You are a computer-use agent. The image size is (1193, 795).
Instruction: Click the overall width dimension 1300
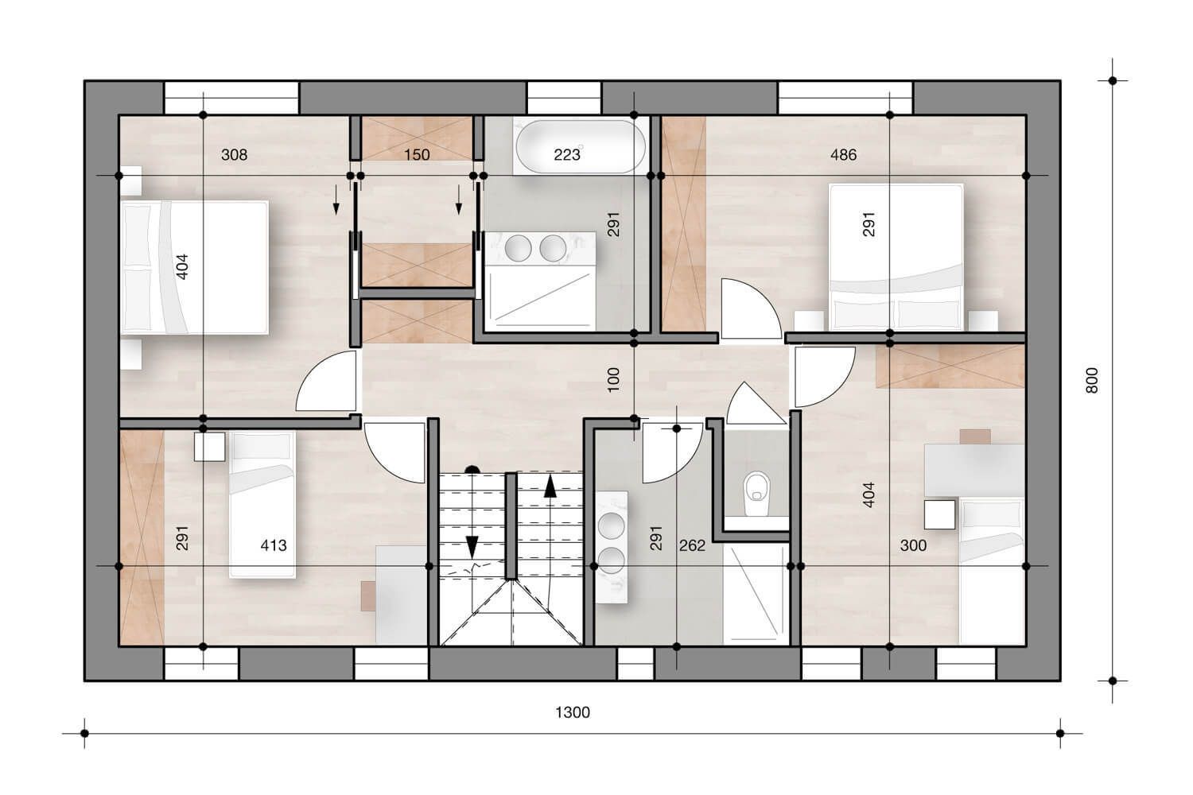572,712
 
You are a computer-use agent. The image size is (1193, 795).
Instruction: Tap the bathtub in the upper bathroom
580,145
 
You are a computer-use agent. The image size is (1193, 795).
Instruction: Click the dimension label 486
843,155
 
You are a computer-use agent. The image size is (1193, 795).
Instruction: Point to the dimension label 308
234,155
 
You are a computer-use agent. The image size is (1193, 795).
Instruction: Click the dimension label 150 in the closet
417,155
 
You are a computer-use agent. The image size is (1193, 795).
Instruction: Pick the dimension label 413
274,546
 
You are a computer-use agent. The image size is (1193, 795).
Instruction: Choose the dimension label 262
692,546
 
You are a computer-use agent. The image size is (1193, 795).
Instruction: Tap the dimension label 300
913,546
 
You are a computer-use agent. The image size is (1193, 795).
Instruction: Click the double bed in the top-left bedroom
195,267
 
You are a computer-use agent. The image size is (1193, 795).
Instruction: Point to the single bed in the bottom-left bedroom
262,504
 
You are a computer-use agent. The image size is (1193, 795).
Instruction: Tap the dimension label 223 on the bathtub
566,155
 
